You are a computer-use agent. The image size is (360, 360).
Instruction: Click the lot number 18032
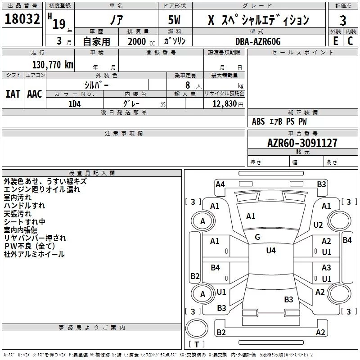click(x=22, y=19)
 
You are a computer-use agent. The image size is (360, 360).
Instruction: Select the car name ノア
click(x=117, y=20)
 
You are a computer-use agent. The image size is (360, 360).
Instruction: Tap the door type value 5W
click(x=174, y=20)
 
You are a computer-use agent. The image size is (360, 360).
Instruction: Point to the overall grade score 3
click(x=343, y=20)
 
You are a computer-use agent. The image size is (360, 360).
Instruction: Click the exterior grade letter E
click(x=336, y=41)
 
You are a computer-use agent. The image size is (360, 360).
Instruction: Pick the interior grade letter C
click(x=350, y=41)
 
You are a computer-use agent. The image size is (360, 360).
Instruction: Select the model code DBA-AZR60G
click(x=258, y=41)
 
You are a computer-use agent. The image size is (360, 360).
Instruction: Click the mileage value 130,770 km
click(x=53, y=65)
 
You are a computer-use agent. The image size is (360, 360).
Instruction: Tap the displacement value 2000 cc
click(x=141, y=41)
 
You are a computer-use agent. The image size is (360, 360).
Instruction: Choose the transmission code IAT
click(x=13, y=94)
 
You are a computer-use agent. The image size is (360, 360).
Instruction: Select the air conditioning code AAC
click(x=35, y=94)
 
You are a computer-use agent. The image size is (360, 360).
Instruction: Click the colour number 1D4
click(x=75, y=104)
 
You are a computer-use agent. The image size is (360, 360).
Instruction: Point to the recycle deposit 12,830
click(x=225, y=103)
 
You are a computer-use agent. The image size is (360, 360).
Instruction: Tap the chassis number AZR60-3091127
click(x=302, y=143)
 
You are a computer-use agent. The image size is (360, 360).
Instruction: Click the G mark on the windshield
click(x=257, y=237)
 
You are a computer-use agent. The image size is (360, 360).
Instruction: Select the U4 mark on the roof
click(x=271, y=250)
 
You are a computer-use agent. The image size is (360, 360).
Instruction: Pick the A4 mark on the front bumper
click(x=220, y=184)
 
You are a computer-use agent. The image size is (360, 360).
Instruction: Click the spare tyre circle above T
click(x=197, y=328)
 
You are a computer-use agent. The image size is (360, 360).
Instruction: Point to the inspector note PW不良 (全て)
click(x=30, y=246)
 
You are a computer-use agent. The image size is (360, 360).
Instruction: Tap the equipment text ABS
click(x=258, y=121)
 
